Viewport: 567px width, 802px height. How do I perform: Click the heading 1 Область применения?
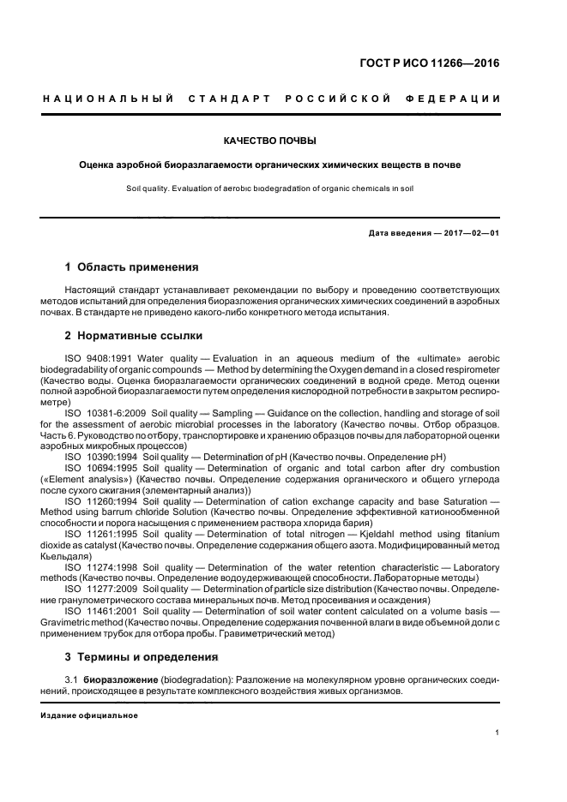(131, 267)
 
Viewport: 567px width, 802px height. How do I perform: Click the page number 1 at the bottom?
(498, 733)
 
